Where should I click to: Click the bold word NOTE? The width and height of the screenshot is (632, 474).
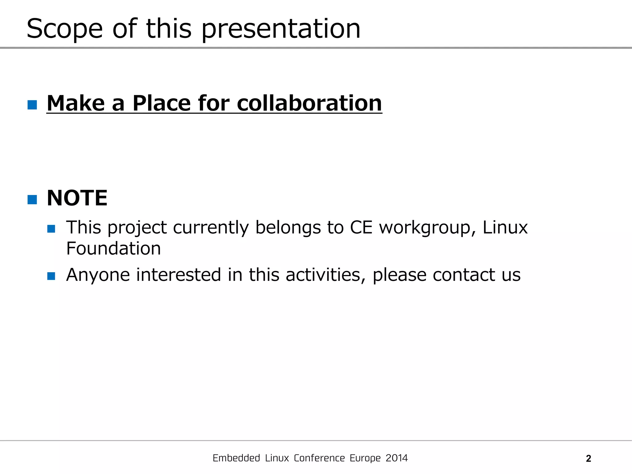coord(77,198)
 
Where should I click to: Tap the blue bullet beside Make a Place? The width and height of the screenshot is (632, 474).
coord(32,105)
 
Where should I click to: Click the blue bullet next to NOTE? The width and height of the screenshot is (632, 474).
coord(32,200)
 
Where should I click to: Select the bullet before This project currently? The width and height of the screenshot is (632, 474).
coord(51,229)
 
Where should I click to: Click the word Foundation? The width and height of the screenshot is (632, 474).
coord(114,248)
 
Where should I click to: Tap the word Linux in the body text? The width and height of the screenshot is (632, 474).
coord(505,228)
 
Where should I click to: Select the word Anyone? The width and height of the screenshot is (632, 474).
coord(98,275)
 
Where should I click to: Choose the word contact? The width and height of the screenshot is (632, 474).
coord(464,275)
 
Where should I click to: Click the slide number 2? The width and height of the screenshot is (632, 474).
coord(588,459)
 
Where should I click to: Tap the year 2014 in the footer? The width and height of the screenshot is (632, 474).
coord(397,458)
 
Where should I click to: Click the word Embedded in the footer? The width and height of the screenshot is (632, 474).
coord(236,458)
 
